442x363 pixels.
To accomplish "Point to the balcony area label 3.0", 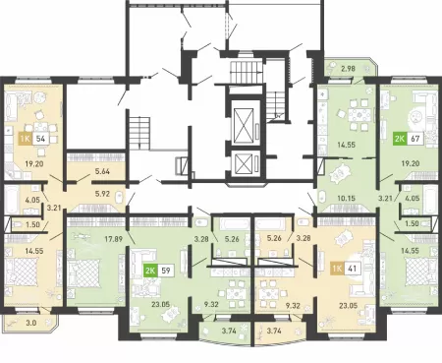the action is point(32,323).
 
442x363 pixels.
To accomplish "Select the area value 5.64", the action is point(102,171).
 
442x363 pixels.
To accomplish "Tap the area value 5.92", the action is point(102,194).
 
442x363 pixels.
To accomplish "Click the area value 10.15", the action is point(346,198).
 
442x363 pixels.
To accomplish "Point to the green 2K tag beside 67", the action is point(400,139).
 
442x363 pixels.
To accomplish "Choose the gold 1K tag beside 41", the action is point(337,269).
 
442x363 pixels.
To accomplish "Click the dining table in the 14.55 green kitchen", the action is point(359,115).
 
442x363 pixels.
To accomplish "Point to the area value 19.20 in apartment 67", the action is point(411,163).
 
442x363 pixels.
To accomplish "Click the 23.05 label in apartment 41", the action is point(349,306).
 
